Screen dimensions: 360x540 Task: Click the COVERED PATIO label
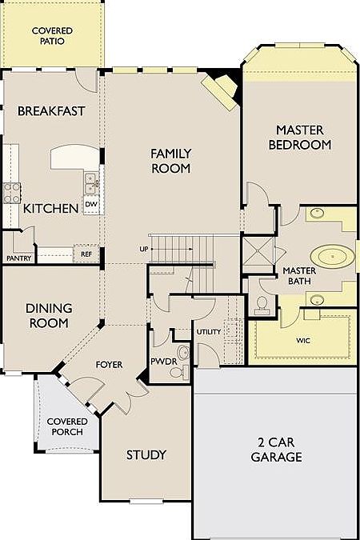[52, 36]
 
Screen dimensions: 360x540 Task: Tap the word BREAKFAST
[51, 111]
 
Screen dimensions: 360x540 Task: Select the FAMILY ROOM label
[171, 161]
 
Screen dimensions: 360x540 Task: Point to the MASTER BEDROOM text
[300, 138]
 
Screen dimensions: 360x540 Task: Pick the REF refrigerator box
[86, 254]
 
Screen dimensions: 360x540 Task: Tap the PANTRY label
[19, 258]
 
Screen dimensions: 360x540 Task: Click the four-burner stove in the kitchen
[12, 193]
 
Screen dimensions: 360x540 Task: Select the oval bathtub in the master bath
[333, 257]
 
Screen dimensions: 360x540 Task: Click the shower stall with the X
[258, 254]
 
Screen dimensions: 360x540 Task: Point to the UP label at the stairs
[144, 249]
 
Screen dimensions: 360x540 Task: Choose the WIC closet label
[303, 341]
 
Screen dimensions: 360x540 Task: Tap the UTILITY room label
[209, 332]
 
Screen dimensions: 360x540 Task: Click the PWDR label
[164, 362]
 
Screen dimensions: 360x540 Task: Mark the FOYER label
[109, 364]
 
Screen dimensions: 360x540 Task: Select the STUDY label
[146, 455]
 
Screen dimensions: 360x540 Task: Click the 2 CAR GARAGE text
[276, 450]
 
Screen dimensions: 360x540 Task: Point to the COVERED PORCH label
[67, 426]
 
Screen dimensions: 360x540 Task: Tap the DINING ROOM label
[49, 315]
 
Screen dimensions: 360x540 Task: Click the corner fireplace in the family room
[221, 90]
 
